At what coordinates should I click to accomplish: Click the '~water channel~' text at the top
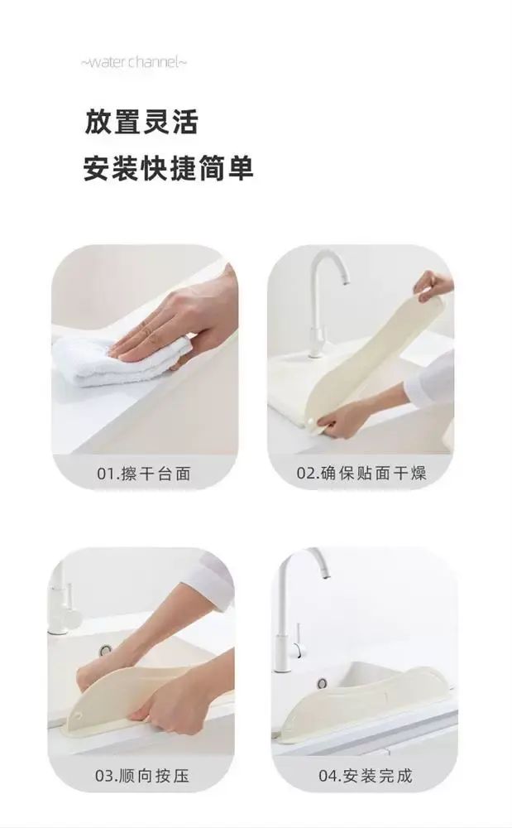133,62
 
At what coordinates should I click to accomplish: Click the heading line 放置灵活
141,122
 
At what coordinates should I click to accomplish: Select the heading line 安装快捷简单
169,168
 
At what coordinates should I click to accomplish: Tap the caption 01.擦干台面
143,473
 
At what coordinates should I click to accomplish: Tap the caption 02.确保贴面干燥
361,473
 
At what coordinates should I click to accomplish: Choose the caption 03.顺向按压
141,776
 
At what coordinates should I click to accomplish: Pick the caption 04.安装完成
366,776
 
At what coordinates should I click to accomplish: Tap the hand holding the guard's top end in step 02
433,285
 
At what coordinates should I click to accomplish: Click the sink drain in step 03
106,649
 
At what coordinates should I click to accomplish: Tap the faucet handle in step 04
299,643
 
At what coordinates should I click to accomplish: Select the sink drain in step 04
323,683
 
